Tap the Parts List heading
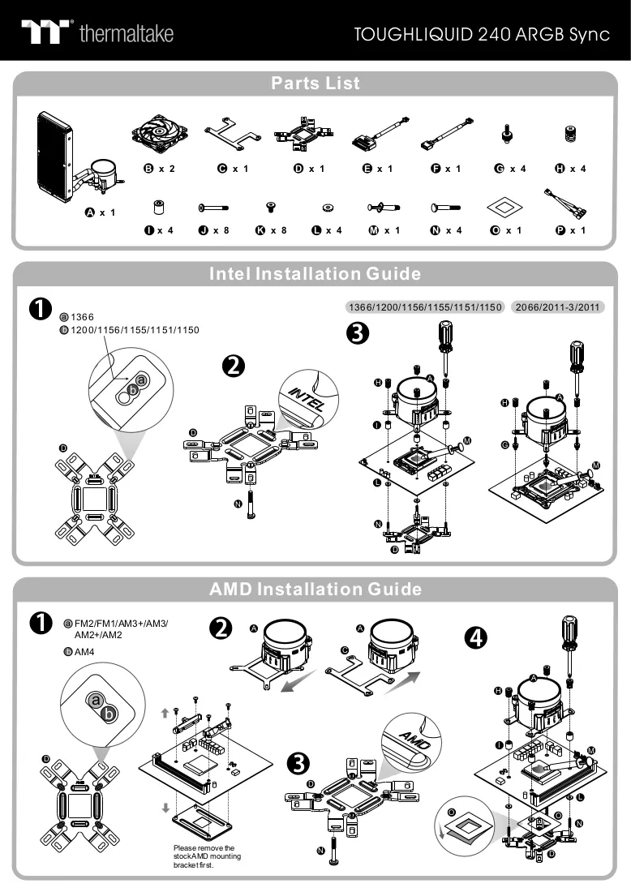(315, 83)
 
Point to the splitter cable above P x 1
(565, 204)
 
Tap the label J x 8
(214, 230)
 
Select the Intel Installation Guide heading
(315, 273)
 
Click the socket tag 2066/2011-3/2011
(558, 307)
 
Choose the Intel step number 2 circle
(234, 366)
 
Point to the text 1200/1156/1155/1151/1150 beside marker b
(135, 330)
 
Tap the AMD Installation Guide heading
(315, 589)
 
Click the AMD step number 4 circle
(476, 637)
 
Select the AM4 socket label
(84, 652)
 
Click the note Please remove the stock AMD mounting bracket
(207, 856)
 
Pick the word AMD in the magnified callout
(415, 740)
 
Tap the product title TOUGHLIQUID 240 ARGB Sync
(482, 35)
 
